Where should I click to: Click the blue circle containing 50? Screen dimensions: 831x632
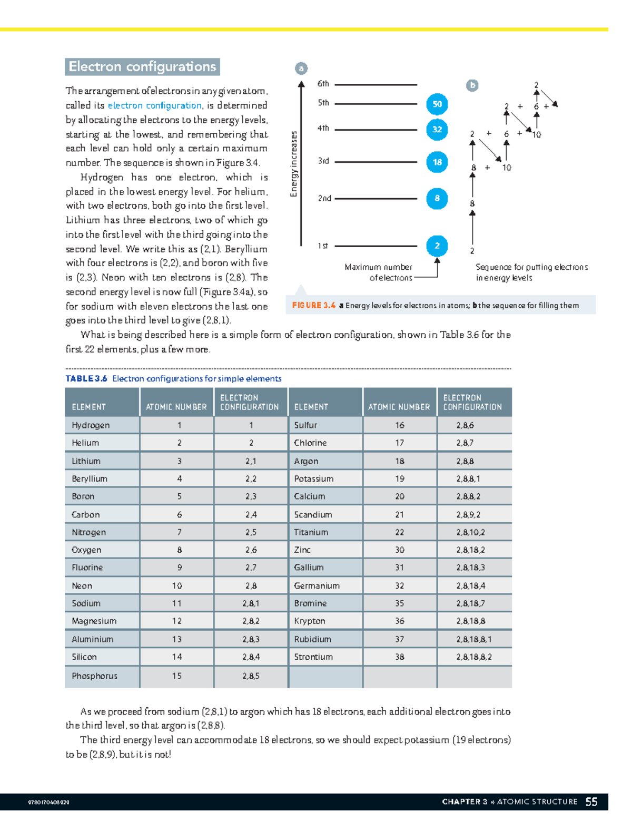437,104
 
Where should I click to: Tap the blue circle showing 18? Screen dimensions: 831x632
437,162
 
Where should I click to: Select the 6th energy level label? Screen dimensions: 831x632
323,84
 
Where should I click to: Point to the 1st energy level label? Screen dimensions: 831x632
323,246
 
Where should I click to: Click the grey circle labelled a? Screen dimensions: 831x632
301,69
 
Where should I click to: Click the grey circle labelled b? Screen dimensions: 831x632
472,85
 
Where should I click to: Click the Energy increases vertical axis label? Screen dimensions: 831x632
294,164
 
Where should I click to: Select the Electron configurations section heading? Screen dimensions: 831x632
142,67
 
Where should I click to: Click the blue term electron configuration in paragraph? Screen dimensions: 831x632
154,105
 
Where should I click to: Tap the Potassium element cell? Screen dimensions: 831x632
314,478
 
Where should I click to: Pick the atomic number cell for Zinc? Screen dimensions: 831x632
400,550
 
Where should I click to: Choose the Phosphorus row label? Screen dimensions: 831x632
95,676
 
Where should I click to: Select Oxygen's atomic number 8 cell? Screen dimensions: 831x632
180,550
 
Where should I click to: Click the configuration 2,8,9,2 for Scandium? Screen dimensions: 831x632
468,514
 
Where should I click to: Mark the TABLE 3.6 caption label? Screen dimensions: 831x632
86,378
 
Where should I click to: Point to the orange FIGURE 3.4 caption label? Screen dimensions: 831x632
314,305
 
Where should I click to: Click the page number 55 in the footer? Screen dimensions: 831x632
591,801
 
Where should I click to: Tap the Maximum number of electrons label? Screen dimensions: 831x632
379,272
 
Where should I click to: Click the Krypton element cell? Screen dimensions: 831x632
310,621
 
